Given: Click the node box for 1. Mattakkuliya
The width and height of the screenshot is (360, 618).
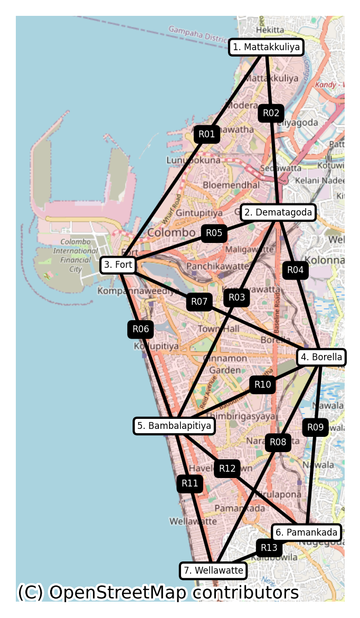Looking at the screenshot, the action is pyautogui.click(x=267, y=47).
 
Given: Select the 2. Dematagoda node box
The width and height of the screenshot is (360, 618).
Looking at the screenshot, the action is pyautogui.click(x=278, y=212).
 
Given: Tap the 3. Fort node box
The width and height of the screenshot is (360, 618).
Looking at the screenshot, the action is pyautogui.click(x=118, y=265).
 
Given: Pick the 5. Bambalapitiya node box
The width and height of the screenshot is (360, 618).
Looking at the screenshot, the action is pyautogui.click(x=174, y=425).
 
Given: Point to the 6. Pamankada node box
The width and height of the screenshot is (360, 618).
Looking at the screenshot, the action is pyautogui.click(x=306, y=532).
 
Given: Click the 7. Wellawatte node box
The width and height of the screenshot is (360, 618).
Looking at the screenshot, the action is pyautogui.click(x=213, y=570).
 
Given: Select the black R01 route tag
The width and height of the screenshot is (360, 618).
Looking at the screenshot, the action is pyautogui.click(x=207, y=134).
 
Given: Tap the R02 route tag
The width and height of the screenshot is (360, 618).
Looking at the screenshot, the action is pyautogui.click(x=271, y=113).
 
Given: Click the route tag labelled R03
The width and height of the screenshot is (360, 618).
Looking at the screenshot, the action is pyautogui.click(x=237, y=297).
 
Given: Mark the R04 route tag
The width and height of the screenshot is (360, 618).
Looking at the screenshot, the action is pyautogui.click(x=295, y=270).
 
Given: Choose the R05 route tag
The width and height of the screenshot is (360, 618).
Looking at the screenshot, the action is pyautogui.click(x=214, y=233).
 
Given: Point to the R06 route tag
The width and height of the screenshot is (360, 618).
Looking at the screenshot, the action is pyautogui.click(x=140, y=330).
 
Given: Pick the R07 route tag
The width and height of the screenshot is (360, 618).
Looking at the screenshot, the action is pyautogui.click(x=199, y=302).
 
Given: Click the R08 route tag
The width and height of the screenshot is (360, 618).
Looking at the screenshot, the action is pyautogui.click(x=278, y=442).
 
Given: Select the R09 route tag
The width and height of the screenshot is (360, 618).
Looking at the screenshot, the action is pyautogui.click(x=315, y=427).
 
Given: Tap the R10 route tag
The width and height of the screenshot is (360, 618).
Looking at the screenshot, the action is pyautogui.click(x=262, y=385).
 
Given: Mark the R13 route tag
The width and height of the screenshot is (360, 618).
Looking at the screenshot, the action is pyautogui.click(x=269, y=547).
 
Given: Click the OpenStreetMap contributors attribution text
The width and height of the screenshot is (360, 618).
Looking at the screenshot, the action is pyautogui.click(x=158, y=593).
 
